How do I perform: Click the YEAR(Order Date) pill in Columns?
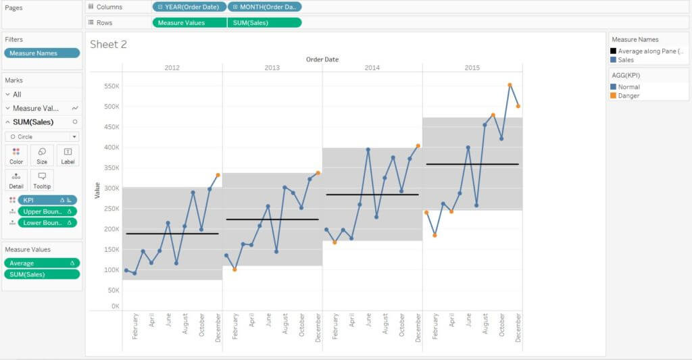189,7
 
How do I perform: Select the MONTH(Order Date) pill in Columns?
264,7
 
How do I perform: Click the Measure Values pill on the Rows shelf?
189,22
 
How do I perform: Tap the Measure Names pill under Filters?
42,53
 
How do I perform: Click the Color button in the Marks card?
16,156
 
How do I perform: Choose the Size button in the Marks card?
42,156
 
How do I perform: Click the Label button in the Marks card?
68,156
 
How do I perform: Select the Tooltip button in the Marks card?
42,180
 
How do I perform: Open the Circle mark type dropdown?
42,136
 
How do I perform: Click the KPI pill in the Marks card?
47,200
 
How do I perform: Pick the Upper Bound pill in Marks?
47,211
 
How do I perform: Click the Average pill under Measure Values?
42,263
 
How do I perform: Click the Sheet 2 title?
108,45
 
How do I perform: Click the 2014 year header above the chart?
372,68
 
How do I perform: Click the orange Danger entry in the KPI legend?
628,96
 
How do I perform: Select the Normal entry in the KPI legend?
628,87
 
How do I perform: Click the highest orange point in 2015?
510,85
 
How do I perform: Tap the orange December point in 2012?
218,175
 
